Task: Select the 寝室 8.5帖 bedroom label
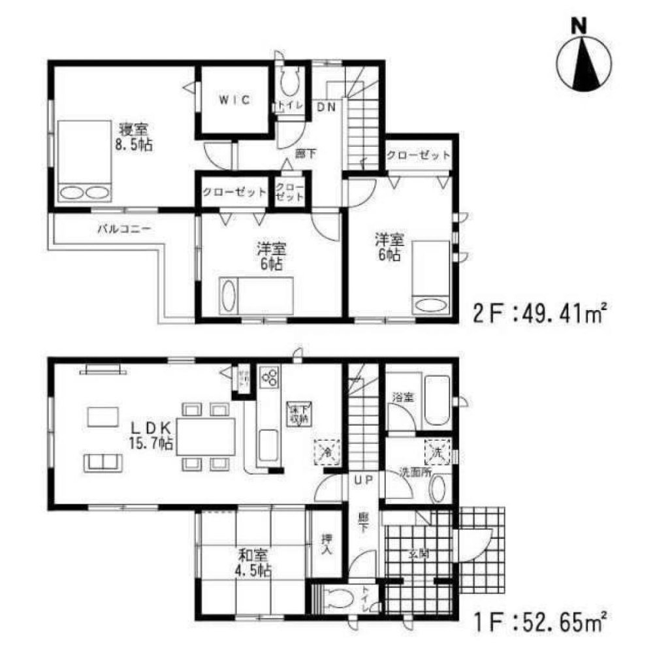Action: [135, 136]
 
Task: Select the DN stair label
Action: [326, 108]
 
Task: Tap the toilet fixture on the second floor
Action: [289, 84]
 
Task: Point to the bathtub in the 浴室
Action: [434, 400]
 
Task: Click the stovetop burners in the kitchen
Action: [270, 377]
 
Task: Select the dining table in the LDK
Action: [206, 436]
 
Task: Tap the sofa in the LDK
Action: [103, 463]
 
